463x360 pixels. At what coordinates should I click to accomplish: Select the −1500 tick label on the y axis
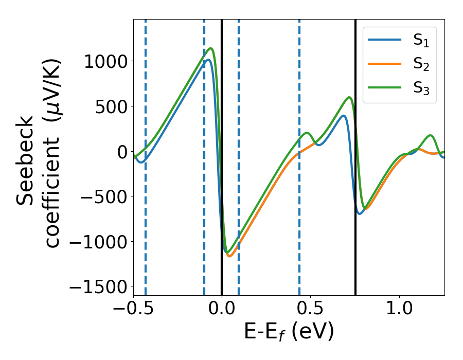tap(98, 286)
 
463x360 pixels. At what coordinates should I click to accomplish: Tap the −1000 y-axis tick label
tap(98, 242)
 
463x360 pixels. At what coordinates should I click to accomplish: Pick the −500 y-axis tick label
tap(103, 196)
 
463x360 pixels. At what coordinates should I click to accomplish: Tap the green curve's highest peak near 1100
tap(210, 49)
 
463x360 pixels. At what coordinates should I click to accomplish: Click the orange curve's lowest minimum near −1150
tap(229, 256)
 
